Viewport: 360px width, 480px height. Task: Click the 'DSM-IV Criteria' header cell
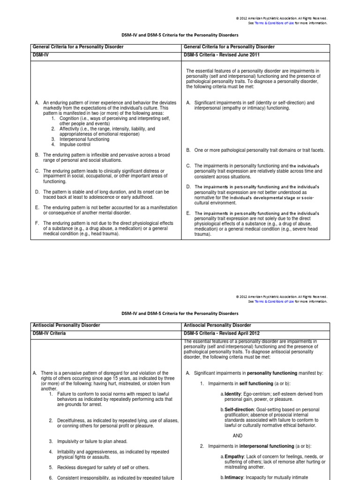pos(49,333)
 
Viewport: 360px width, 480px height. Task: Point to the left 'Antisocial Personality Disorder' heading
pos(66,325)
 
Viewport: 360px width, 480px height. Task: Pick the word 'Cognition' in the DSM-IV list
pos(67,119)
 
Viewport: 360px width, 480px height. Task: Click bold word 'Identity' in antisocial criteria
pos(232,394)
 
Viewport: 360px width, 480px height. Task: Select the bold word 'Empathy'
pos(234,457)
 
